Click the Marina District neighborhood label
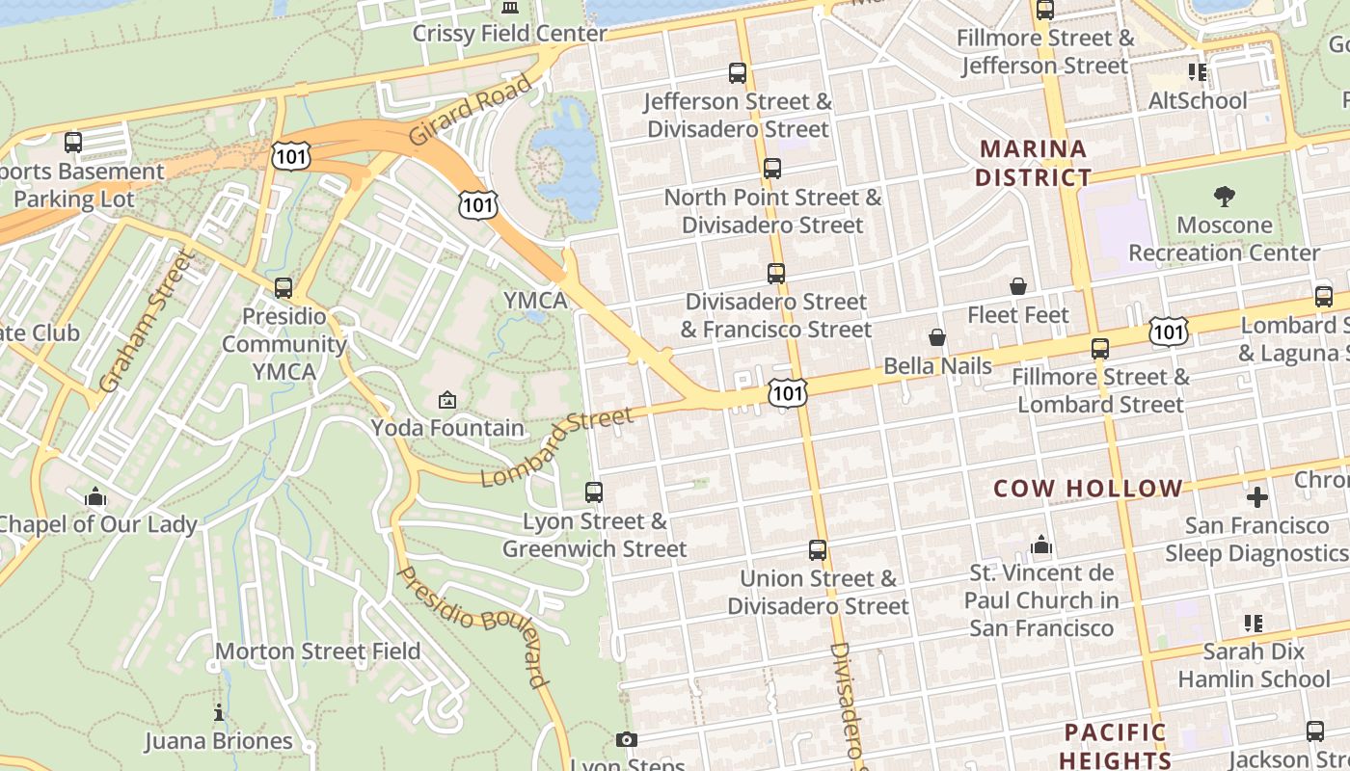pos(1033,163)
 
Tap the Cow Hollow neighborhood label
pos(1088,489)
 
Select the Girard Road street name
pos(470,110)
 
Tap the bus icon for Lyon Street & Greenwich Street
pos(594,492)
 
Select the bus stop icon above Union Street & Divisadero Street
pos(818,550)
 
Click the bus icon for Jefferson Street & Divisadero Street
pos(738,73)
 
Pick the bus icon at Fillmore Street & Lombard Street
pos(1100,349)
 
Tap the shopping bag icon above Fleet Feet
pos(1018,286)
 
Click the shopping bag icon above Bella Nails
pos(937,337)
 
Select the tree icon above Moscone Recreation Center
pos(1225,197)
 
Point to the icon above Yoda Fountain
pos(447,399)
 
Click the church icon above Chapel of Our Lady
pos(95,497)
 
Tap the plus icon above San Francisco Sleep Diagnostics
pos(1257,497)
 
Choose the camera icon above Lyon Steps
pos(627,740)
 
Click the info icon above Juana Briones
pos(219,713)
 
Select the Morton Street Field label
pos(317,651)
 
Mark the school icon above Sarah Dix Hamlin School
pos(1253,624)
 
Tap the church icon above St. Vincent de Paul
pos(1041,545)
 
